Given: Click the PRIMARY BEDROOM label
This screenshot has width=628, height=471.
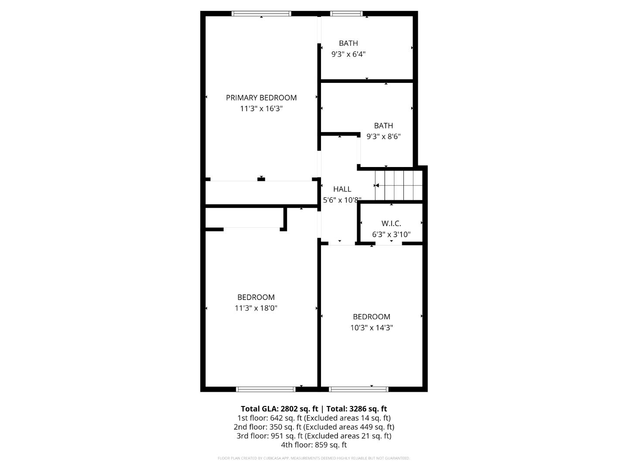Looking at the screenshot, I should tap(261, 98).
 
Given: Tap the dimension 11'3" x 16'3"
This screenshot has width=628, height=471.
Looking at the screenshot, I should tap(261, 109).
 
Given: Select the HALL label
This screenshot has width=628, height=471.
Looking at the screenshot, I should tap(342, 189).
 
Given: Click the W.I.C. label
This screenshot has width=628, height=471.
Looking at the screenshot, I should tap(391, 224).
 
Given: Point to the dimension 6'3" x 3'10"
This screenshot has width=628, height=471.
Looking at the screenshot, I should tap(391, 235).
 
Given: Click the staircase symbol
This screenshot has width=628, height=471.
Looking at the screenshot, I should tap(399, 185).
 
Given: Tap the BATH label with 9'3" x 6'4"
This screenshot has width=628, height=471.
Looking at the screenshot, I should tap(348, 43).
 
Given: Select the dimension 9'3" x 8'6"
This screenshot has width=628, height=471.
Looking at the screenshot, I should tap(383, 137).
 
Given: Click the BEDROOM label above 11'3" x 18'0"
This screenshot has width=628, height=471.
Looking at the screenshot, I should tap(256, 297).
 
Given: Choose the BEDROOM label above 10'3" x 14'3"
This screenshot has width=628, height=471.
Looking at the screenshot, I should tap(372, 317).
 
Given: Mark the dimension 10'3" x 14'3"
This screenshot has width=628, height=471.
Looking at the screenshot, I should tap(372, 328).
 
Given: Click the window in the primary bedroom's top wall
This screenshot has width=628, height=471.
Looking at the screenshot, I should tap(261, 14).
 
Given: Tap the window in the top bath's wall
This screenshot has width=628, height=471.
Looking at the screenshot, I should tap(347, 14).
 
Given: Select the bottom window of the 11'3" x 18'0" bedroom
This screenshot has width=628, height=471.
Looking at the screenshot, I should tap(266, 389).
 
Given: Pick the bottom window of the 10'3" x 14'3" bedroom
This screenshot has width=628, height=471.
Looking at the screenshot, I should tap(358, 389).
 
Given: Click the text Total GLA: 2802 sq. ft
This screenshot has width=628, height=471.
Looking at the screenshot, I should tap(279, 409).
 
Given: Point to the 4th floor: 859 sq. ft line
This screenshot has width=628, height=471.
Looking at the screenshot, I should tap(314, 445).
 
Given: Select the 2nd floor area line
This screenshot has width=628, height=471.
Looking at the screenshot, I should tap(314, 427).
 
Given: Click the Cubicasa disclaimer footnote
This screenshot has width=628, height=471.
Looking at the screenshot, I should tap(314, 458).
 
